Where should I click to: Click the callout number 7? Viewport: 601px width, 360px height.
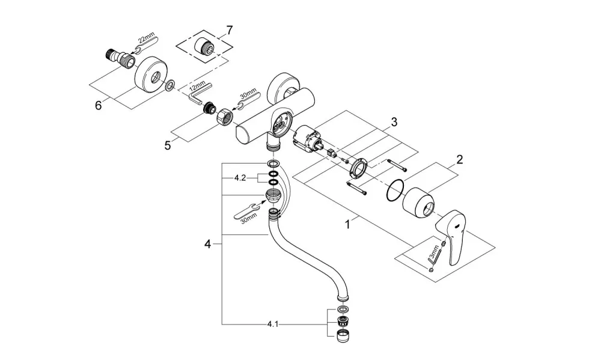(x=229, y=30)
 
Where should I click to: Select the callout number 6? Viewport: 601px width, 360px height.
(x=99, y=105)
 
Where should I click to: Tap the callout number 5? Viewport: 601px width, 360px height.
(x=168, y=145)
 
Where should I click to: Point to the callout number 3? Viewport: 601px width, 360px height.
(x=394, y=122)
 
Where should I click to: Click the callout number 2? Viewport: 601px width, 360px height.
(x=460, y=159)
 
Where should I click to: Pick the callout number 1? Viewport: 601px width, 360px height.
(x=347, y=224)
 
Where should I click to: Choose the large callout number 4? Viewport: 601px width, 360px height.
(x=207, y=244)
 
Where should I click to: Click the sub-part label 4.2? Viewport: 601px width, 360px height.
(x=240, y=178)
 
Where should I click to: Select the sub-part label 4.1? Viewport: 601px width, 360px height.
(x=272, y=325)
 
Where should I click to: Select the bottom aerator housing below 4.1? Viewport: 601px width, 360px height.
(x=343, y=336)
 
